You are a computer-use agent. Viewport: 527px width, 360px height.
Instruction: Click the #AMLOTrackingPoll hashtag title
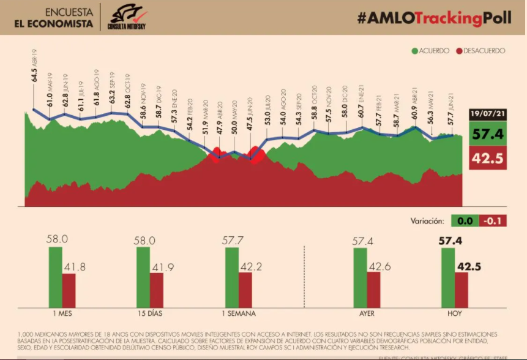coord(434,18)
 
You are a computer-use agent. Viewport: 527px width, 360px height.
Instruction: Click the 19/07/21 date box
coord(487,114)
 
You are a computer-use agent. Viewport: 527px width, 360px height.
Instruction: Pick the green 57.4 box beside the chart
coord(487,133)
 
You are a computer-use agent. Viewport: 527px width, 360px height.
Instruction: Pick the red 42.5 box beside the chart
coord(487,159)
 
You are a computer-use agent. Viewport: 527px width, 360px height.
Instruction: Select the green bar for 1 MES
coord(55,277)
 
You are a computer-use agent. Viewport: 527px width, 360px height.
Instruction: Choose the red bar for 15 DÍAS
coord(157,290)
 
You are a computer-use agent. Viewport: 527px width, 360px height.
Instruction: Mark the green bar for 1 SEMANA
coord(231,277)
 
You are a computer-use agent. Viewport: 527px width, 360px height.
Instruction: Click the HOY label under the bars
coord(454,315)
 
